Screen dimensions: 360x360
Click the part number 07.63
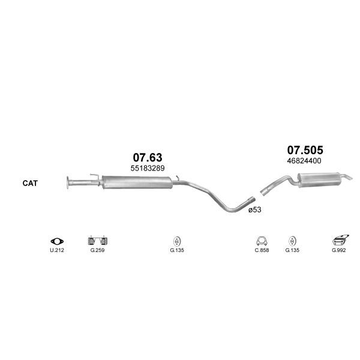tap(148, 157)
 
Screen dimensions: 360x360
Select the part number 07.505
tap(305, 150)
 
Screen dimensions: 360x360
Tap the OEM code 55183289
tap(148, 168)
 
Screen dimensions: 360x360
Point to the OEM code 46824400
tap(304, 161)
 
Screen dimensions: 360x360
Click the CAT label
tap(30, 183)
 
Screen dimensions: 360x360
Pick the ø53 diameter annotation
tap(255, 209)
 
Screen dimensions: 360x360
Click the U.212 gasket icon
tap(57, 241)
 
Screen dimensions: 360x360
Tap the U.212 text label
tap(57, 250)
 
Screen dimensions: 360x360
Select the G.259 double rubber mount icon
tap(98, 241)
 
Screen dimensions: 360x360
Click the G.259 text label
tap(97, 250)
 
